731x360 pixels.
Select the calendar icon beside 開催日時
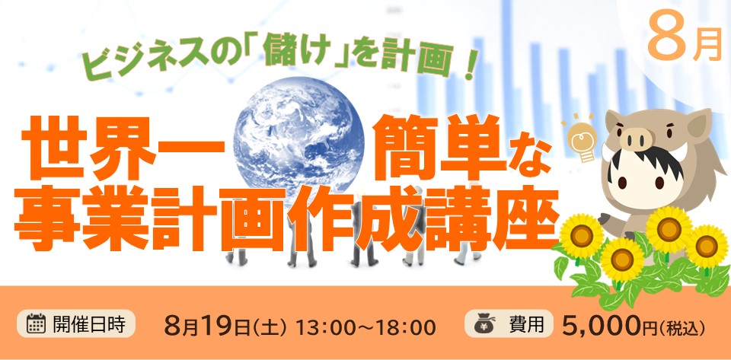coord(36,323)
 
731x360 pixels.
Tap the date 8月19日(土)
coord(225,326)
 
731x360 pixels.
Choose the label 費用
coord(527,323)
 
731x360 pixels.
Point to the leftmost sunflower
coord(581,236)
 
